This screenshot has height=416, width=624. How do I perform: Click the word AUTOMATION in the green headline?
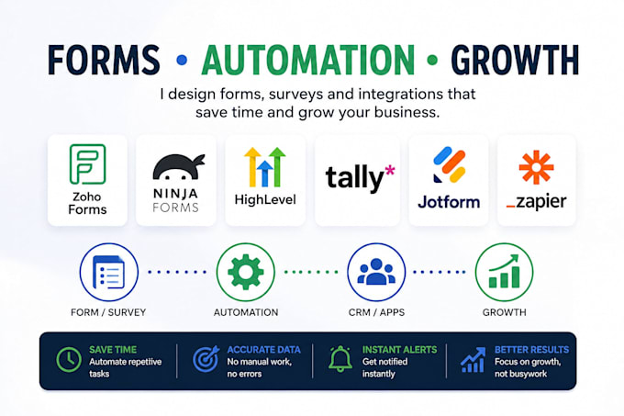pyautogui.click(x=308, y=60)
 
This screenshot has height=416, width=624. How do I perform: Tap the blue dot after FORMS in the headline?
pyautogui.click(x=182, y=60)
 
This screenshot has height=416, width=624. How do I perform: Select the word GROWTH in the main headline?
pyautogui.click(x=515, y=60)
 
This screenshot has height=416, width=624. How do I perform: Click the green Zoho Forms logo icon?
pyautogui.click(x=87, y=164)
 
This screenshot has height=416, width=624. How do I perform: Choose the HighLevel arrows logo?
pyautogui.click(x=265, y=167)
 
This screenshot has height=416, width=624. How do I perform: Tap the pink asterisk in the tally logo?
pyautogui.click(x=390, y=171)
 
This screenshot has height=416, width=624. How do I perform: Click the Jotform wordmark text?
pyautogui.click(x=449, y=203)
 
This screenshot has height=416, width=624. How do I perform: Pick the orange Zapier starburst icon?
pyautogui.click(x=536, y=167)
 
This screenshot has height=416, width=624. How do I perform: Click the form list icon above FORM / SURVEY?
pyautogui.click(x=108, y=273)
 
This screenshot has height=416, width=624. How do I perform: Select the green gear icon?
pyautogui.click(x=246, y=273)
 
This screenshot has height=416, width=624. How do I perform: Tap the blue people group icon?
pyautogui.click(x=376, y=272)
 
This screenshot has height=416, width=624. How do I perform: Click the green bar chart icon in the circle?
pyautogui.click(x=504, y=272)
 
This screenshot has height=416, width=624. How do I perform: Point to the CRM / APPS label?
pyautogui.click(x=376, y=312)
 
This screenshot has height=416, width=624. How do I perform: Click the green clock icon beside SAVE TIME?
pyautogui.click(x=69, y=359)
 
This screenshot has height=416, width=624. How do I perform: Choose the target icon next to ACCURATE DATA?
pyautogui.click(x=206, y=359)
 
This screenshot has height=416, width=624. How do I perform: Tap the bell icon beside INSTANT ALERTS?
pyautogui.click(x=340, y=359)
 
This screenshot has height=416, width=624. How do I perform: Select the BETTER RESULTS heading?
pyautogui.click(x=531, y=350)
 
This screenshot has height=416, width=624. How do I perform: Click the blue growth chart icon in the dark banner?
pyautogui.click(x=474, y=359)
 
